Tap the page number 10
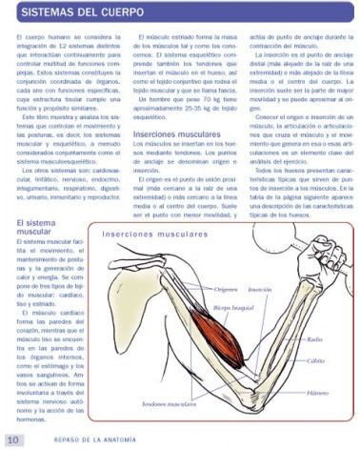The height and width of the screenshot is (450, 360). coord(13,440)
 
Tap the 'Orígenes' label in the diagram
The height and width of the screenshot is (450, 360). coord(224,287)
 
